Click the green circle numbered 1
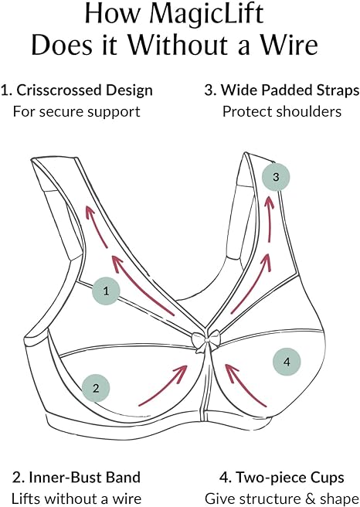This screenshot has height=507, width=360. pos(106,291)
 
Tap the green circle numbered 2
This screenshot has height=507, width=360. pos(96,388)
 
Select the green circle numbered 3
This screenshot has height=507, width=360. pos(276,177)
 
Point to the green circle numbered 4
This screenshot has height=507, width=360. pos(287,362)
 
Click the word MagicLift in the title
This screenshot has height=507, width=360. pos(206,14)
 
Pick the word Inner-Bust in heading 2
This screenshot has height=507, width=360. pos(68,478)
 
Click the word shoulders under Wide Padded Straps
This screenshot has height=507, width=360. pos(309,111)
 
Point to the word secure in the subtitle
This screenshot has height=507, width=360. pos(63,112)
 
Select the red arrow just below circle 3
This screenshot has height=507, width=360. pos(270,219)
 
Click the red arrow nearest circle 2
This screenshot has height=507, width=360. pos(163,385)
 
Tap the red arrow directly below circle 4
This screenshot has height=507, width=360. pos(246,385)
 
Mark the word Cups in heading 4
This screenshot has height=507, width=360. pos(324,478)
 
